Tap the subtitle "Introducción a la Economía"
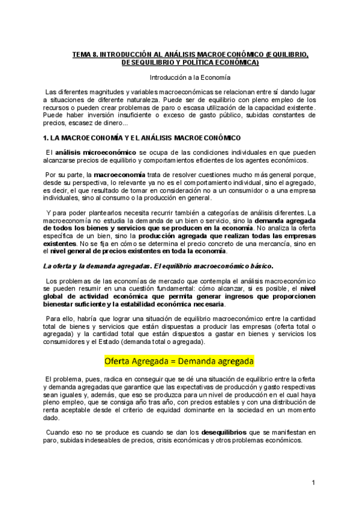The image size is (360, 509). point(189,77)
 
